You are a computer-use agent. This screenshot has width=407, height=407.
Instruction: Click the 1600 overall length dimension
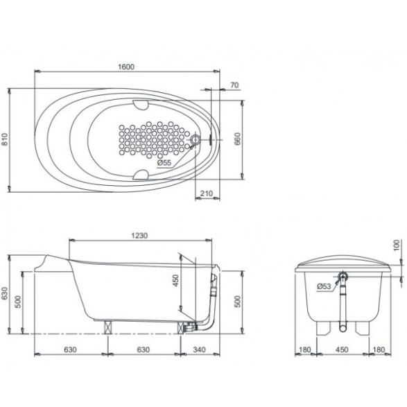[126, 67]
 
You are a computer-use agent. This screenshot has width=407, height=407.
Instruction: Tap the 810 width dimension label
[5, 139]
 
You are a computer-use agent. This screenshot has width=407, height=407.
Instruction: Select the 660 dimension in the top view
[238, 139]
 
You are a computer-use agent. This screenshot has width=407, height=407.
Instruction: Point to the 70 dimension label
[234, 85]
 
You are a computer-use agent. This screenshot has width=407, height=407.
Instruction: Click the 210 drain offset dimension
[207, 193]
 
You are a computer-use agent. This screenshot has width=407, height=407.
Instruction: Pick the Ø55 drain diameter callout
[164, 163]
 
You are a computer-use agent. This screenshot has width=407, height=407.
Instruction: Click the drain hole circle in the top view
[195, 140]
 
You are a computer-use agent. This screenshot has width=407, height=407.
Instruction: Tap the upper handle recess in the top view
[141, 104]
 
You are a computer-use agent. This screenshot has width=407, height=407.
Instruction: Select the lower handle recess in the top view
[141, 175]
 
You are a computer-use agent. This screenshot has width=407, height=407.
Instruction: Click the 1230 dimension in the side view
[139, 236]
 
